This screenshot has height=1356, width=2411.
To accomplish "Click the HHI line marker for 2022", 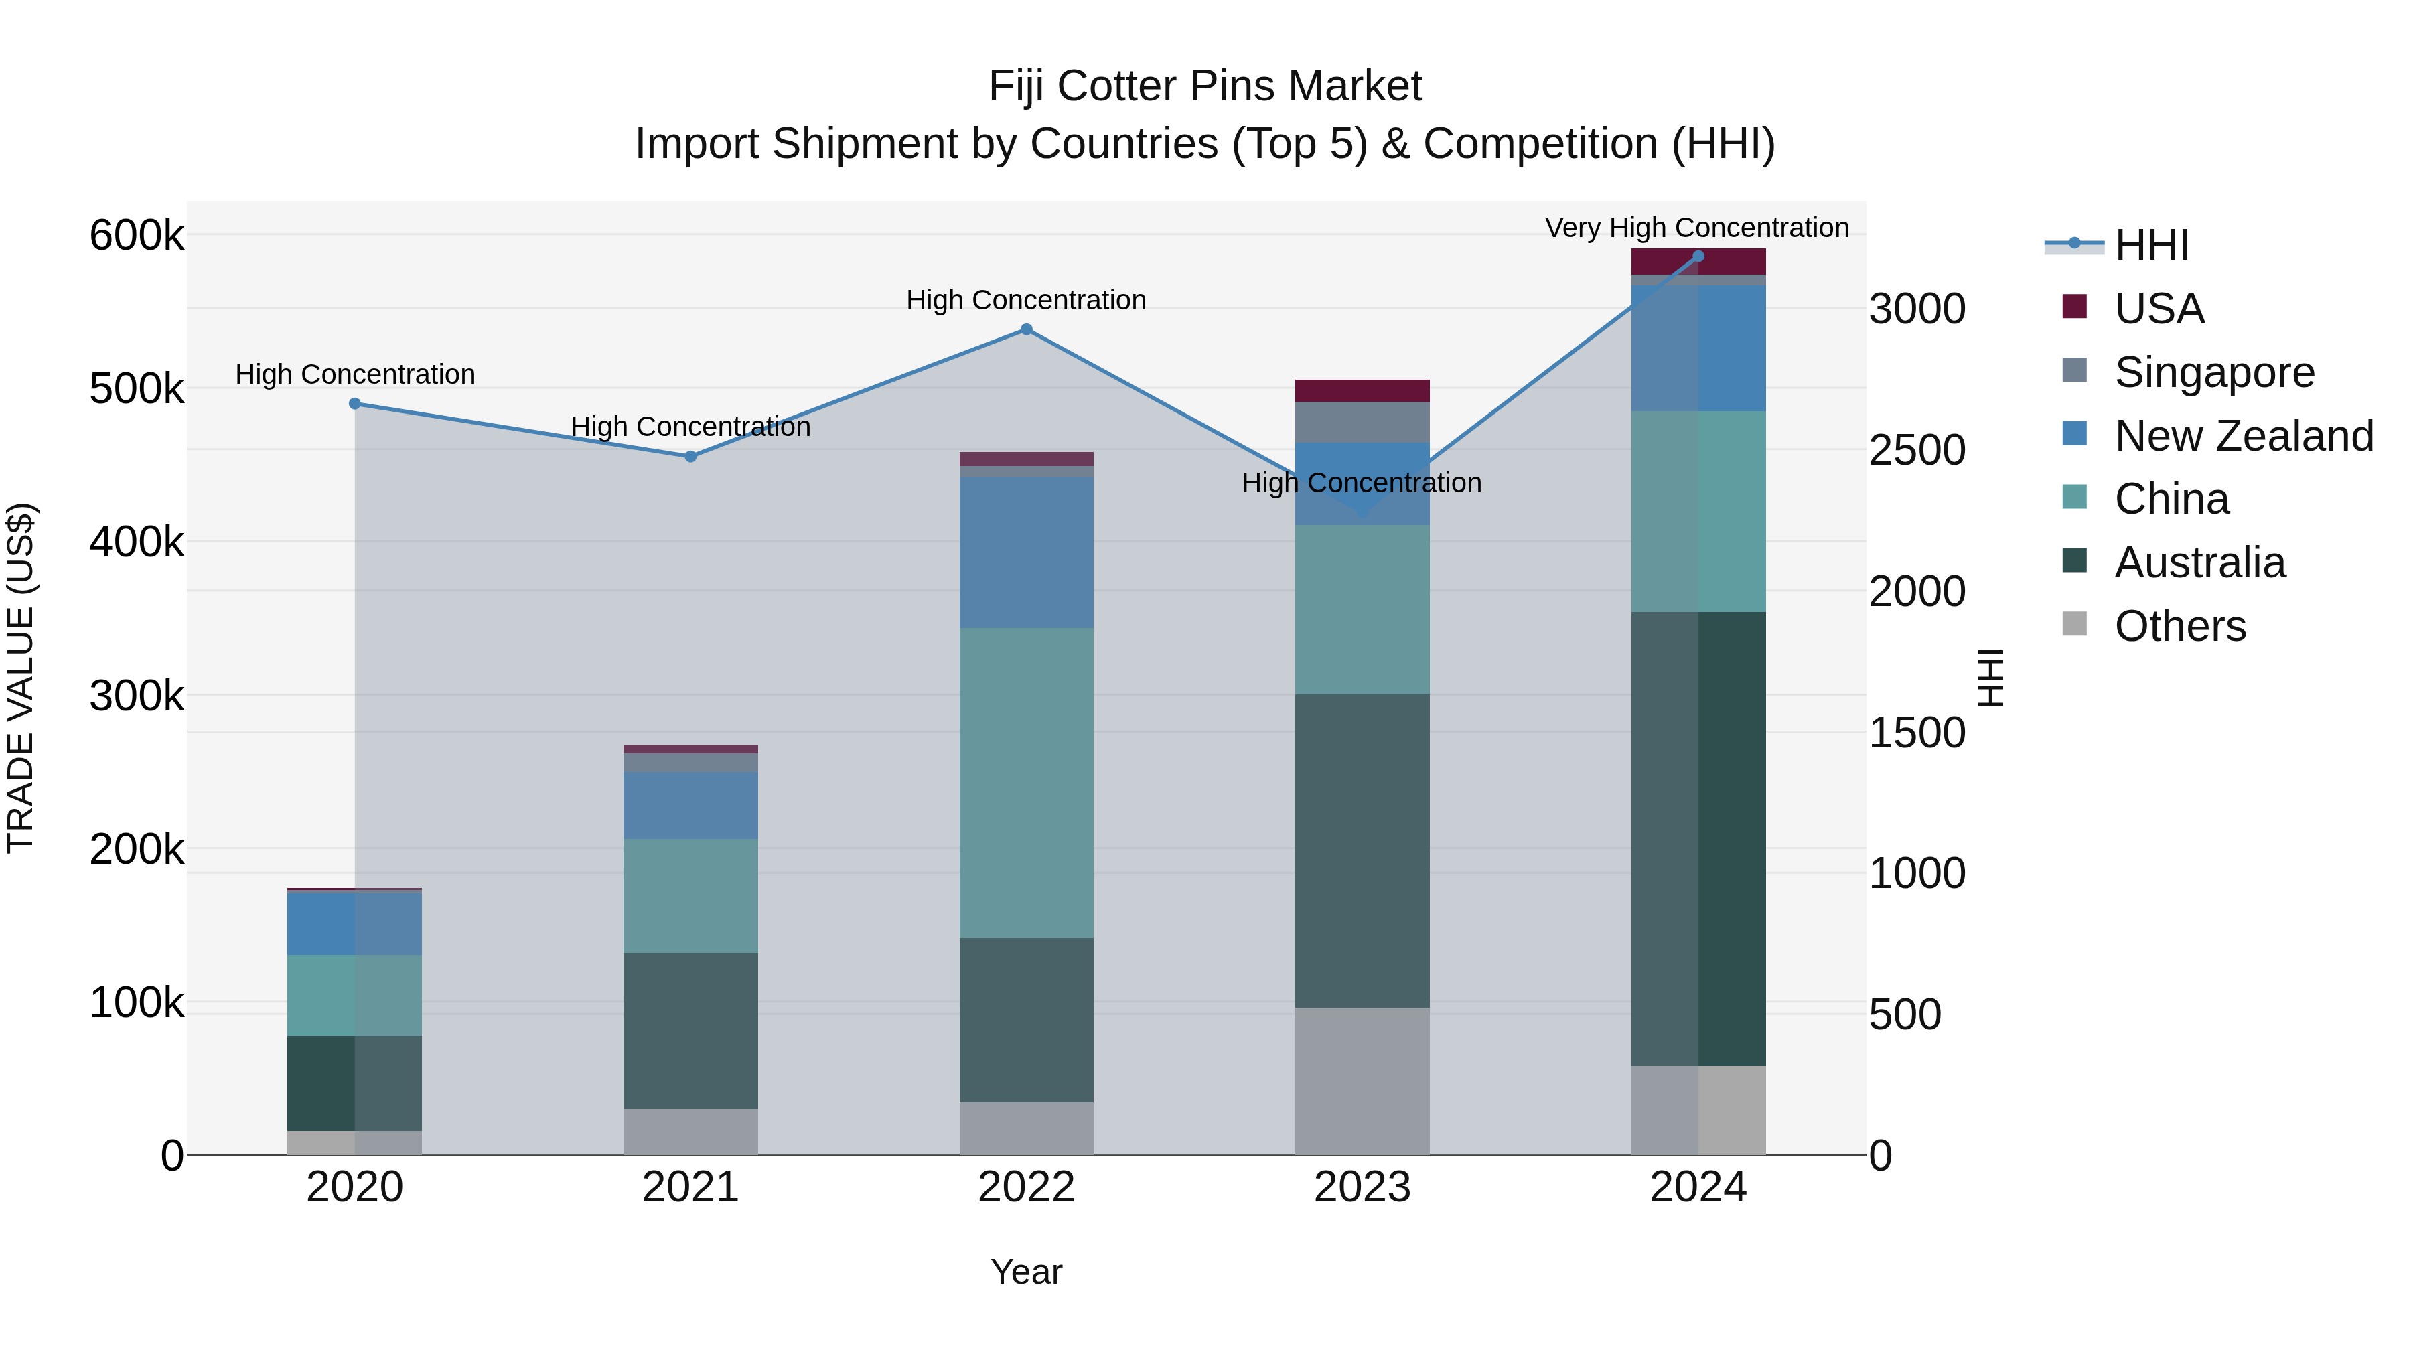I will click(x=1026, y=329).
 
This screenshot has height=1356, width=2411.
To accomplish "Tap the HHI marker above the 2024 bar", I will click(x=1698, y=256).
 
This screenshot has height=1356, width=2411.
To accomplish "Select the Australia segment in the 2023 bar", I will click(x=1362, y=850).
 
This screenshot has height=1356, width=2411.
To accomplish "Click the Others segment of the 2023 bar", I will click(x=1362, y=1081).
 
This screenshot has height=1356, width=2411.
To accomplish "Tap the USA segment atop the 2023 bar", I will click(x=1362, y=390).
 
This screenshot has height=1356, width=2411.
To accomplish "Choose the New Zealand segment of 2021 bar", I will click(x=690, y=805).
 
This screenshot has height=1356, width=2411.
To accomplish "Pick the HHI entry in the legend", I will click(x=2150, y=245).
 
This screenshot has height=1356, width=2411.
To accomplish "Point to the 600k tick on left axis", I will click(x=137, y=235).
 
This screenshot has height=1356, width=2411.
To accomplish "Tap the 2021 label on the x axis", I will click(x=690, y=1187).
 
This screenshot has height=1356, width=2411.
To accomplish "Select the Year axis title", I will click(x=1026, y=1272).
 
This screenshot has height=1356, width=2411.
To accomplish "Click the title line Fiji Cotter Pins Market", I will click(x=1205, y=86).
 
